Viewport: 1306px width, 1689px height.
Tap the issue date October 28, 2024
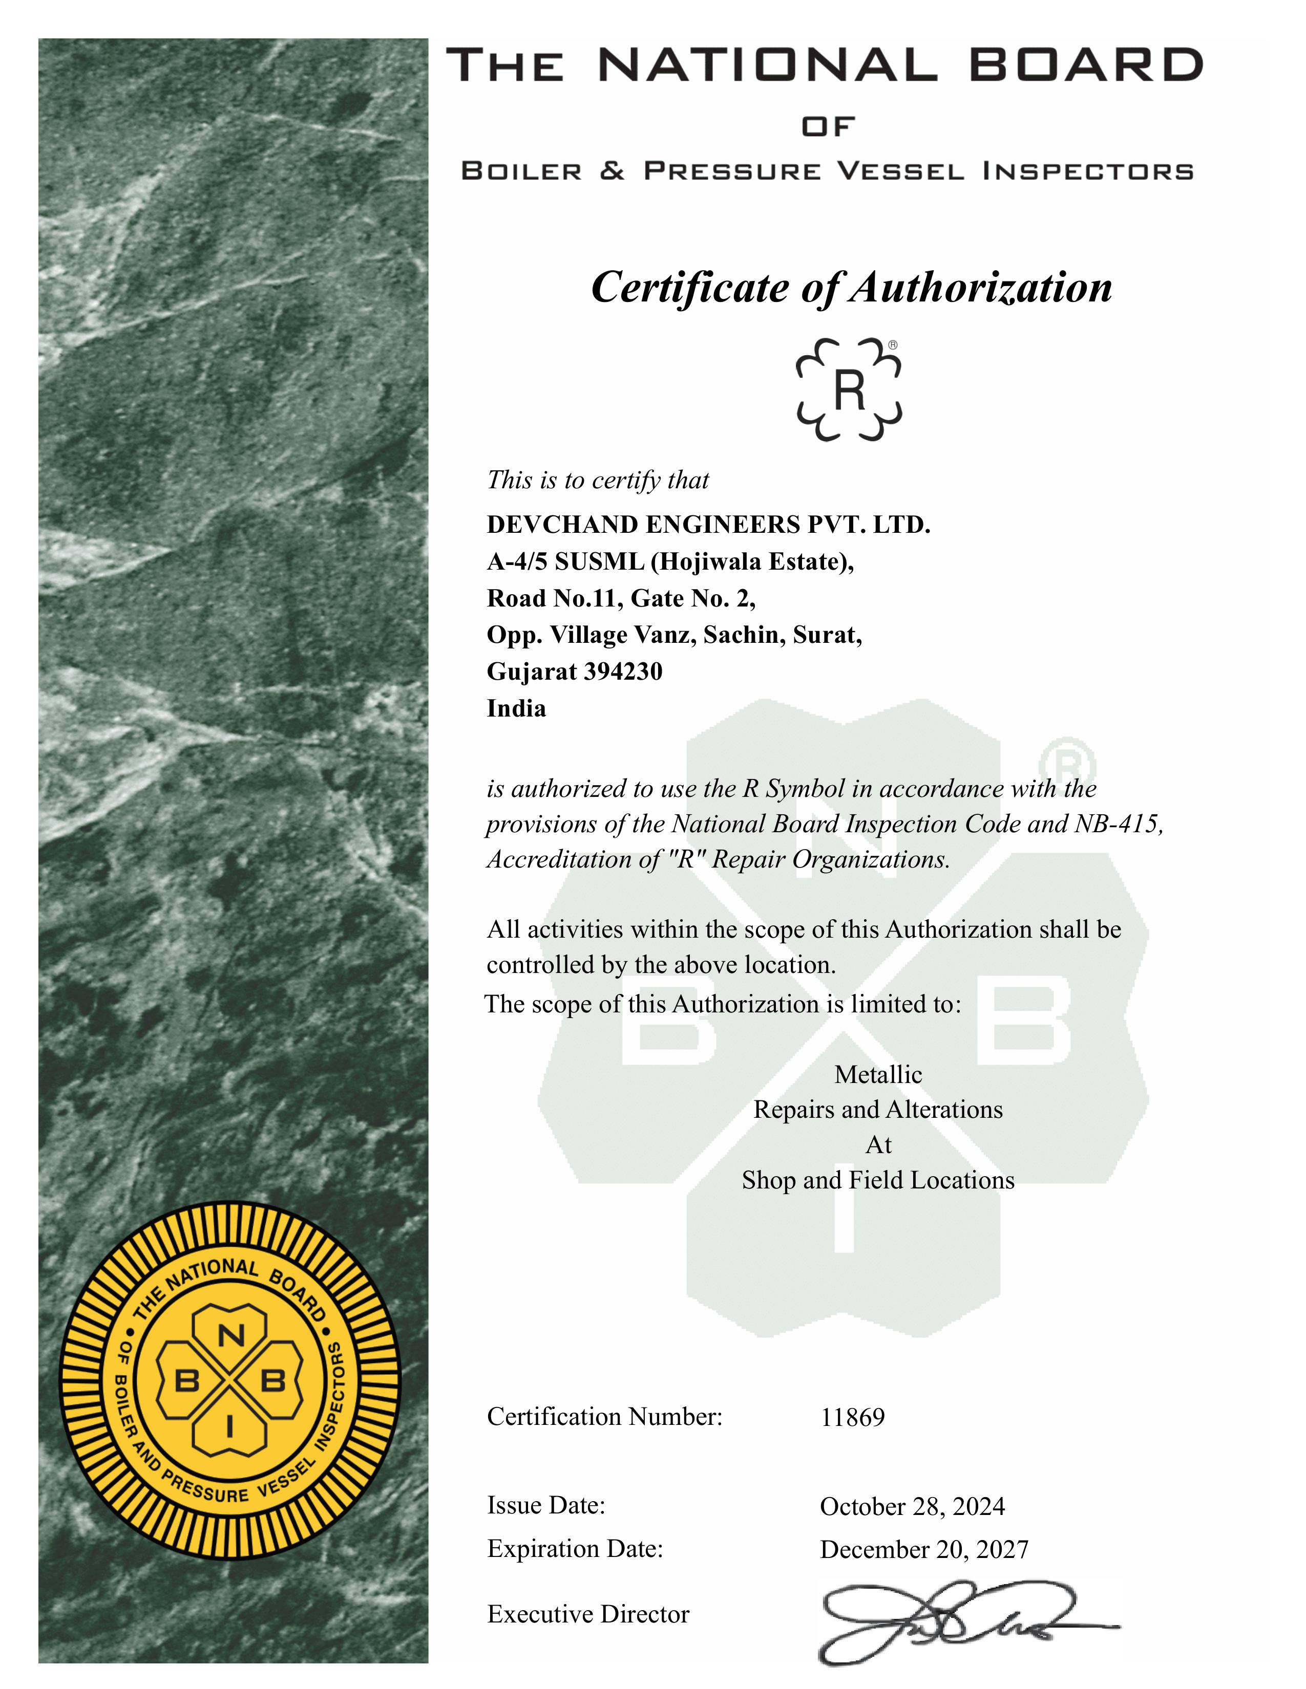pyautogui.click(x=912, y=1506)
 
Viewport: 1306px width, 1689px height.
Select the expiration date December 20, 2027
pyautogui.click(x=924, y=1550)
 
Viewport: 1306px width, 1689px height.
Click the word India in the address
pyautogui.click(x=516, y=708)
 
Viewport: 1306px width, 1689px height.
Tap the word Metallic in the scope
pyautogui.click(x=878, y=1074)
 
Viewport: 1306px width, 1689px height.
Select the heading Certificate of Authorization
pyautogui.click(x=851, y=288)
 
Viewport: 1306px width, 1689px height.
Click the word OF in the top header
pyautogui.click(x=828, y=126)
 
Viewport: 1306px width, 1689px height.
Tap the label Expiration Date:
pyautogui.click(x=575, y=1549)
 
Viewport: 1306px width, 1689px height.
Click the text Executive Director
pyautogui.click(x=588, y=1614)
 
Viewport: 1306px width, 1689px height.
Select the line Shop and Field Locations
pyautogui.click(x=878, y=1180)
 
